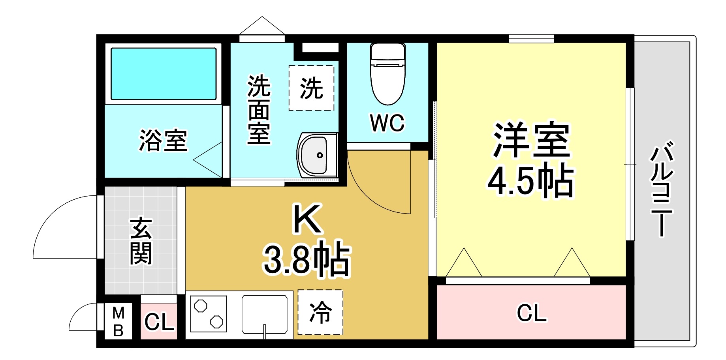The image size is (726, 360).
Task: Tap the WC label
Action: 387,123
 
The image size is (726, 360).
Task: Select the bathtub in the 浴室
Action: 164,74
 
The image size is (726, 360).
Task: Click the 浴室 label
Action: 163,141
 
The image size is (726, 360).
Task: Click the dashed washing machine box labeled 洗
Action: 311,88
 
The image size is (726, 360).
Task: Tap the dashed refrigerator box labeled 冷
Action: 320,312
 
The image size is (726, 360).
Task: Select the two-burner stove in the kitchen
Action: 209,314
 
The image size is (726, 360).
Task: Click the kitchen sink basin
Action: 265,314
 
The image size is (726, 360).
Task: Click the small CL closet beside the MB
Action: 159,322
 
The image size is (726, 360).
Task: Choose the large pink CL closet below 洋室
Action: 532,313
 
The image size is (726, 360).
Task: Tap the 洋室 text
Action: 531,140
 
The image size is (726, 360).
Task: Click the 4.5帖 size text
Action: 530,181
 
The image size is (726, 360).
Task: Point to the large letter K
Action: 307,219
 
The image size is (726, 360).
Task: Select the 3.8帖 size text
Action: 307,259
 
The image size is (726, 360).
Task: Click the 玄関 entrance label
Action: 141,240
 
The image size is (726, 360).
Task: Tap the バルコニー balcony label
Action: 661,189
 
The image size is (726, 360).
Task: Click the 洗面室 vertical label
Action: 259,109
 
